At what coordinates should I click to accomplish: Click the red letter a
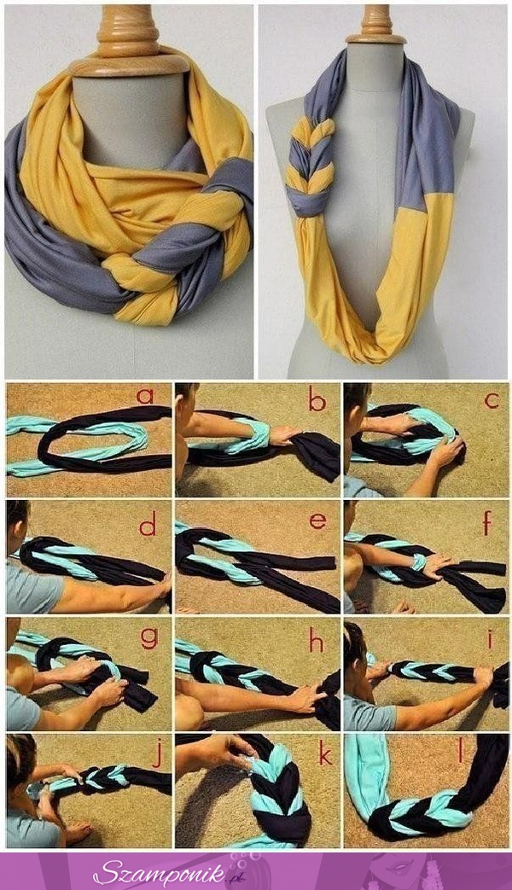click(x=145, y=396)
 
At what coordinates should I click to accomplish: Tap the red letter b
click(x=317, y=399)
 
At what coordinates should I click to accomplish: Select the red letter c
click(x=492, y=400)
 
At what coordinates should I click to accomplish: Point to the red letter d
click(x=148, y=525)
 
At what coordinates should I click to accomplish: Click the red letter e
click(x=318, y=521)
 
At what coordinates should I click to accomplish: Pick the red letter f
click(x=487, y=523)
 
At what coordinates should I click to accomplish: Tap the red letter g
click(x=149, y=638)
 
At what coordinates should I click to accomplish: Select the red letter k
click(x=325, y=754)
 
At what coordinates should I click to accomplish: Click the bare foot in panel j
click(x=76, y=831)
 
